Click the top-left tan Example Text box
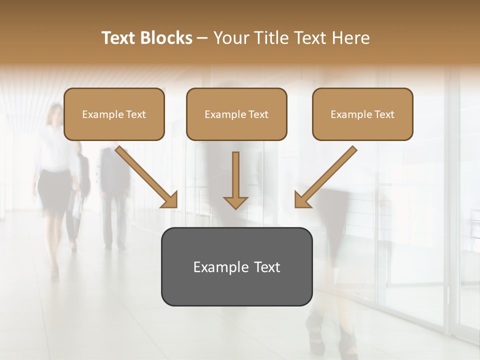[x=114, y=114]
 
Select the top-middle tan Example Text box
[x=236, y=114]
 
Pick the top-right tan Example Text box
[x=362, y=114]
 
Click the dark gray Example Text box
[x=236, y=266]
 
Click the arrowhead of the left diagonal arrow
[x=170, y=200]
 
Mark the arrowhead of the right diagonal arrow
[x=302, y=200]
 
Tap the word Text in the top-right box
[x=384, y=114]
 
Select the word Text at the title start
[x=120, y=38]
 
